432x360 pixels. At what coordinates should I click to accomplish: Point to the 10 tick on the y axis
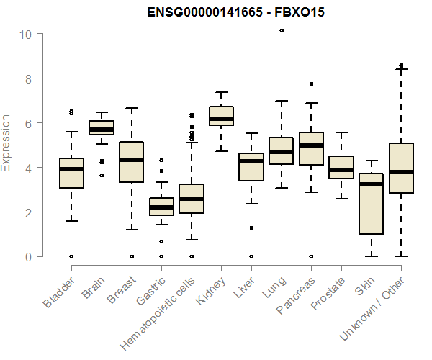[x=26, y=34]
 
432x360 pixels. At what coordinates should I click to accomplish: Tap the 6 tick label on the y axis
[x=26, y=123]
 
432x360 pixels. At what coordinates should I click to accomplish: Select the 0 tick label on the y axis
[x=26, y=256]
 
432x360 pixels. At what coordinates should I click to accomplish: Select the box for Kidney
[x=221, y=115]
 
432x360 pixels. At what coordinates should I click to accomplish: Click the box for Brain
[x=101, y=127]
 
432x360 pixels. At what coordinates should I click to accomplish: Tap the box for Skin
[x=371, y=204]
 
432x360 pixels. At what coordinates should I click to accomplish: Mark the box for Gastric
[x=161, y=206]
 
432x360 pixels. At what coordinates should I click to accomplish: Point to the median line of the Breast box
[x=131, y=160]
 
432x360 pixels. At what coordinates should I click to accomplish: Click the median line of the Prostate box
[x=341, y=171]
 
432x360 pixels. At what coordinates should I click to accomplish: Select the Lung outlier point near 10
[x=282, y=30]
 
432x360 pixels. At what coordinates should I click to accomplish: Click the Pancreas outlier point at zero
[x=311, y=256]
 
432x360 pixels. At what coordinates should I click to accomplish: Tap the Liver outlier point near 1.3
[x=251, y=228]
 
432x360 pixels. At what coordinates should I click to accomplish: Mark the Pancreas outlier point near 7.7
[x=311, y=84]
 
